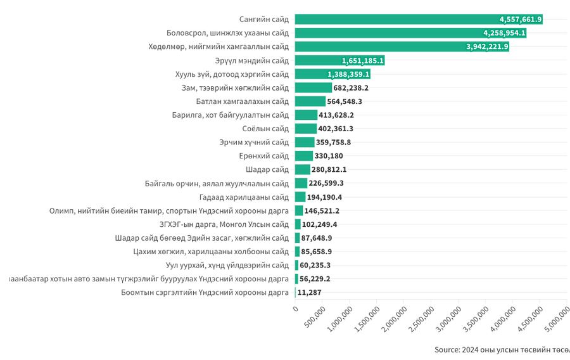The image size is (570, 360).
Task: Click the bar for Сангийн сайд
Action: click(418, 19)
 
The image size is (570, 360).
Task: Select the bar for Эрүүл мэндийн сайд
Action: click(339, 60)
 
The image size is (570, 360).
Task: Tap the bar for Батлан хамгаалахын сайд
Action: click(310, 101)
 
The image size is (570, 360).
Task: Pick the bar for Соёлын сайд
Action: click(305, 129)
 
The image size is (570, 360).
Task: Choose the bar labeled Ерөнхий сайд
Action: click(303, 156)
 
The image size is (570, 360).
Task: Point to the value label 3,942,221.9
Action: click(487, 47)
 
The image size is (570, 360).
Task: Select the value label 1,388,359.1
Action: click(348, 74)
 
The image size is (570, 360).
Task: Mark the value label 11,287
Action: click(308, 292)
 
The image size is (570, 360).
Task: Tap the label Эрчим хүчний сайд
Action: click(254, 143)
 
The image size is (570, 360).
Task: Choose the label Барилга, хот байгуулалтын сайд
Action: click(231, 115)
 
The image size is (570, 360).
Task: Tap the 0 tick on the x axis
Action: click(295, 309)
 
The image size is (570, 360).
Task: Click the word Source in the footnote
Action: click(447, 350)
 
